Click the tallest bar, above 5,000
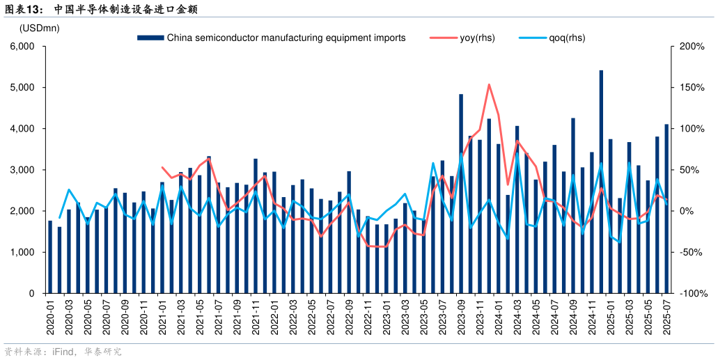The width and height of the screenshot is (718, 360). (x=601, y=181)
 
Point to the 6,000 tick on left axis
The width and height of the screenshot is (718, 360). (x=23, y=47)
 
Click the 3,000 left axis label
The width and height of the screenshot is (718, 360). (x=23, y=170)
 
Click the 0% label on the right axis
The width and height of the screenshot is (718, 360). (x=689, y=211)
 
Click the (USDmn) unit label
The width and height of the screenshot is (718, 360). (x=40, y=28)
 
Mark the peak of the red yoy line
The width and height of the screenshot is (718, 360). (x=489, y=84)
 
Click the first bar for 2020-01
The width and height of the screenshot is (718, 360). (x=50, y=257)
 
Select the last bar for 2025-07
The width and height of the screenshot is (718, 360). (x=666, y=209)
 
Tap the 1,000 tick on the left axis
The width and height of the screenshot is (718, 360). (x=23, y=252)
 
